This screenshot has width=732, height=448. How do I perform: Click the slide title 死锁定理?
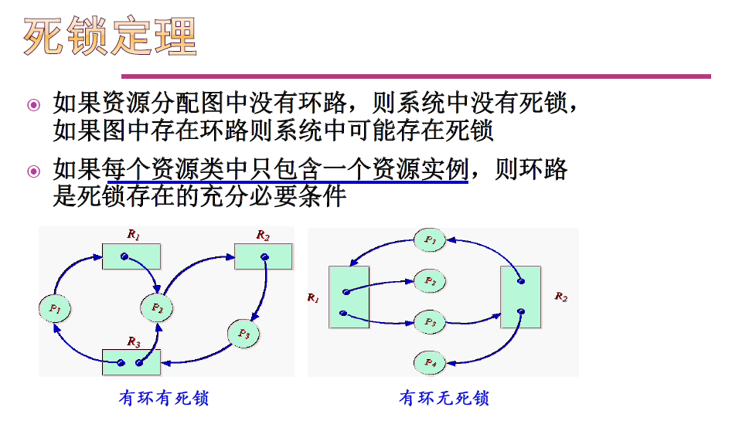(x=111, y=36)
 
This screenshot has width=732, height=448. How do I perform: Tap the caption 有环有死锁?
(x=163, y=399)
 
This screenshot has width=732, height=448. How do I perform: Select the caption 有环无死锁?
(x=444, y=399)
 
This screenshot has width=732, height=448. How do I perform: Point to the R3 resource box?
(x=131, y=361)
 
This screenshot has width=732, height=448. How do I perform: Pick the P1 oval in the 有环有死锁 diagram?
(x=55, y=309)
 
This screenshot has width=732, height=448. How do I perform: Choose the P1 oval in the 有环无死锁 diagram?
(x=430, y=240)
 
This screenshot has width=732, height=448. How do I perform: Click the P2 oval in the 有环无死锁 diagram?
(x=430, y=281)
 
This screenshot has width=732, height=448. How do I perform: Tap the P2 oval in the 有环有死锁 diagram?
(x=156, y=307)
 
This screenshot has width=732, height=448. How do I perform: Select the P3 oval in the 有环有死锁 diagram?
(x=243, y=334)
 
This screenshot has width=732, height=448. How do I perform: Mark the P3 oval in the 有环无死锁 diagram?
(x=430, y=321)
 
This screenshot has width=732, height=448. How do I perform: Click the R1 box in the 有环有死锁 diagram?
(x=131, y=256)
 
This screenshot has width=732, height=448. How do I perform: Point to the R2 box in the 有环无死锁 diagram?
(x=520, y=297)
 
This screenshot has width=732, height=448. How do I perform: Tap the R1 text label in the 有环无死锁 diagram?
(x=313, y=297)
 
